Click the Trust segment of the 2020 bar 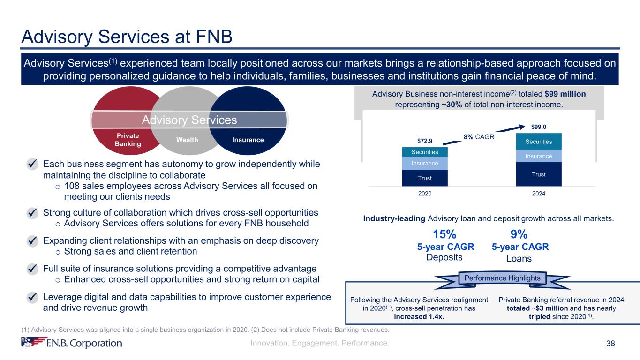pyautogui.click(x=425, y=178)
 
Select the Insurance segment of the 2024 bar pyautogui.click(x=539, y=156)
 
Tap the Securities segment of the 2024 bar pyautogui.click(x=539, y=142)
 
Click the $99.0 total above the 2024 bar pyautogui.click(x=539, y=127)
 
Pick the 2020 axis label pyautogui.click(x=425, y=193)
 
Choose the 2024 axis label pyautogui.click(x=539, y=193)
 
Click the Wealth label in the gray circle pyautogui.click(x=187, y=140)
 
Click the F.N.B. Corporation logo pyautogui.click(x=72, y=343)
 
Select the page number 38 pyautogui.click(x=610, y=344)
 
